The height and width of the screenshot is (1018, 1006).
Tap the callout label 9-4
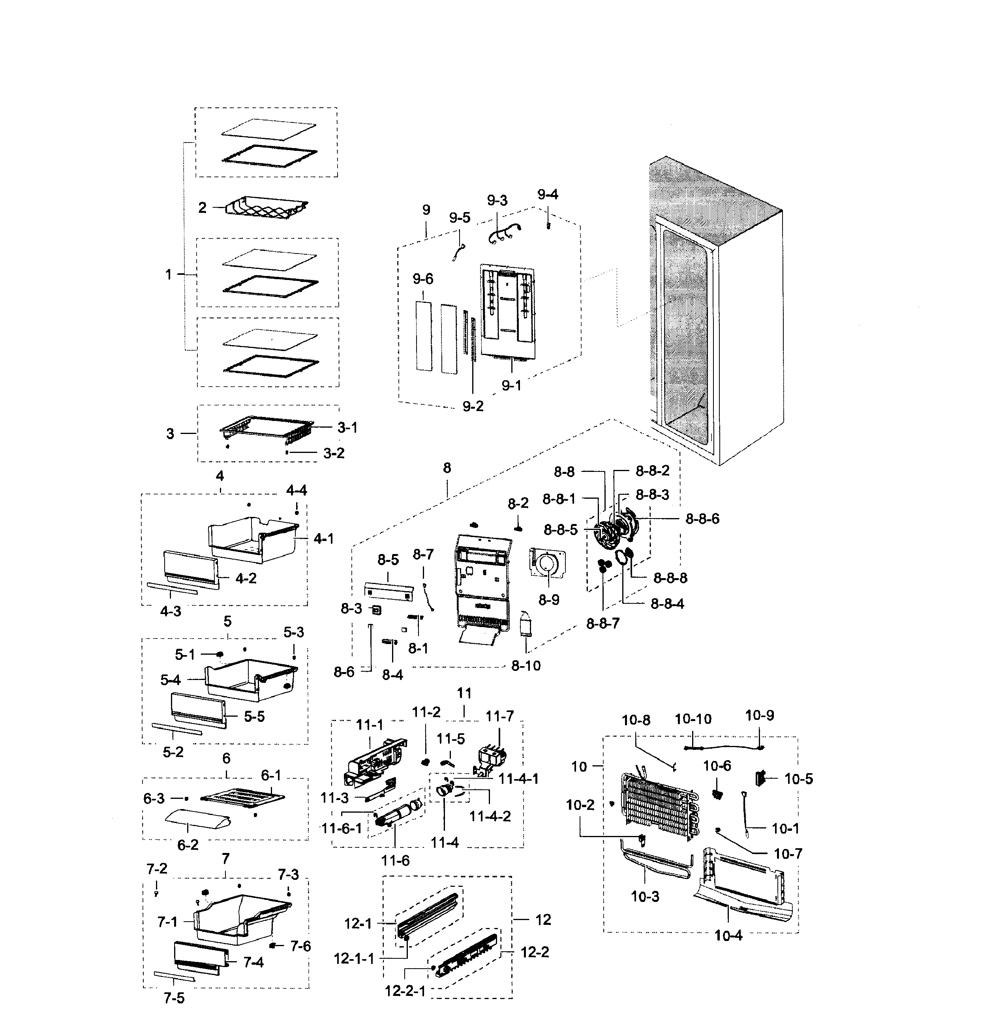[x=547, y=194]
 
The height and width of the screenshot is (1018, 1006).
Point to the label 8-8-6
[x=702, y=518]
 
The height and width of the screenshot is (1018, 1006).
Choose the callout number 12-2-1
[x=405, y=991]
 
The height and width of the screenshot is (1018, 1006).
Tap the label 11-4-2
[x=490, y=816]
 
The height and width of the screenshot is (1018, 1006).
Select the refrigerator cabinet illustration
[x=716, y=311]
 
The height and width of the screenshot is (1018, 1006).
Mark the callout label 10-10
[x=693, y=719]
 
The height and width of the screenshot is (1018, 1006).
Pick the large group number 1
[x=168, y=274]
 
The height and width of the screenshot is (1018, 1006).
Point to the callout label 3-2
[x=333, y=453]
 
